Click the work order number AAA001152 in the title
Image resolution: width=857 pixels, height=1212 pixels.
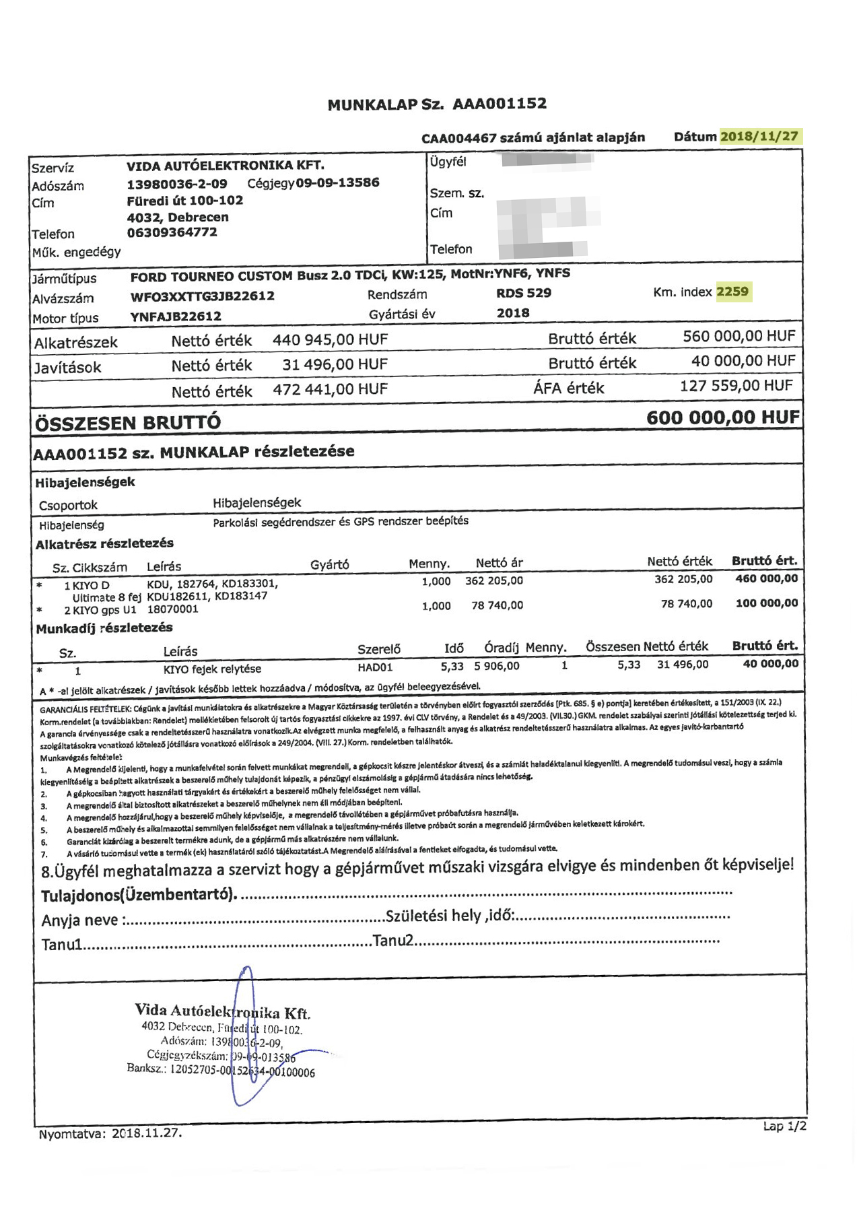[x=500, y=104]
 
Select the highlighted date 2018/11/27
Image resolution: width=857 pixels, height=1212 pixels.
[x=759, y=137]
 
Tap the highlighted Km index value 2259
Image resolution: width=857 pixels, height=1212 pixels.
[x=732, y=292]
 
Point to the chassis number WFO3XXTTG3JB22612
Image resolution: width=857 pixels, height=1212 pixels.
[x=203, y=296]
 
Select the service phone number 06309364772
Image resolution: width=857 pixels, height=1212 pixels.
[x=172, y=233]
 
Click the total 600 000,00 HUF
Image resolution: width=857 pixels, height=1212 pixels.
[x=723, y=417]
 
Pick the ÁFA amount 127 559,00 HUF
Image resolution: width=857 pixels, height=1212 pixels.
[x=736, y=386]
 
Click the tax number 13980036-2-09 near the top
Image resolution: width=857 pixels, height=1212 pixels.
[x=177, y=183]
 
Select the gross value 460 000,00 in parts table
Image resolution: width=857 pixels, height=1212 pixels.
[x=767, y=578]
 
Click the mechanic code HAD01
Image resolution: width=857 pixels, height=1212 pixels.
[x=375, y=667]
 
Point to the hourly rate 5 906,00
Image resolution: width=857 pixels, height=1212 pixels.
[x=497, y=666]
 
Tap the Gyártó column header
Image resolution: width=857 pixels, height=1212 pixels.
[x=330, y=565]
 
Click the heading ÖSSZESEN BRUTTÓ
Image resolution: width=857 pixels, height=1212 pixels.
[x=128, y=423]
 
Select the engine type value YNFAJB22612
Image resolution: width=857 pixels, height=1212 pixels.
[x=176, y=316]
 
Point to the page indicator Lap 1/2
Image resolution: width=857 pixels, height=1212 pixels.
[x=784, y=1126]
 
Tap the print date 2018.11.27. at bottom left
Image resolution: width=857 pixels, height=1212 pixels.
[x=147, y=1133]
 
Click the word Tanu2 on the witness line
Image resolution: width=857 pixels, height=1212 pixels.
[x=392, y=941]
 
